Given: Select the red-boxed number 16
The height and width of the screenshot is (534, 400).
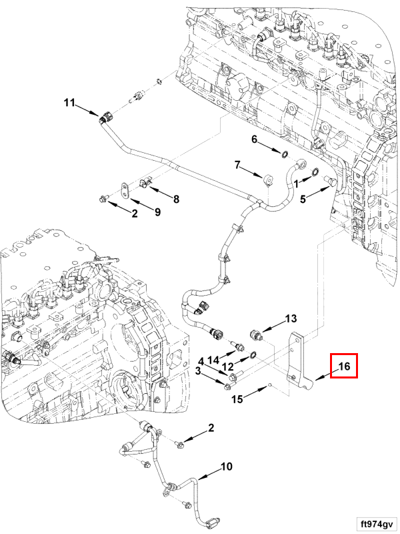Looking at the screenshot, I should [344, 366].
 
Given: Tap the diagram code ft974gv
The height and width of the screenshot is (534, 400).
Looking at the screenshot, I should [376, 522].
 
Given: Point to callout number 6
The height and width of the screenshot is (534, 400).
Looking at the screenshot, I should [254, 140].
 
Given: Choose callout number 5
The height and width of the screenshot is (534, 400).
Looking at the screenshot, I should [302, 198].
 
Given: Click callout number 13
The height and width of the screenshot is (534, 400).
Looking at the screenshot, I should [291, 318].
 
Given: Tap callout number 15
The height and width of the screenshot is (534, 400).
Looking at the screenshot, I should [238, 399].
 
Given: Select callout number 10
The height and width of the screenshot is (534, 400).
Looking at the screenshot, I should [227, 467].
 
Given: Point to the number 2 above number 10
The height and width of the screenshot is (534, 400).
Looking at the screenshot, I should [211, 427].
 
